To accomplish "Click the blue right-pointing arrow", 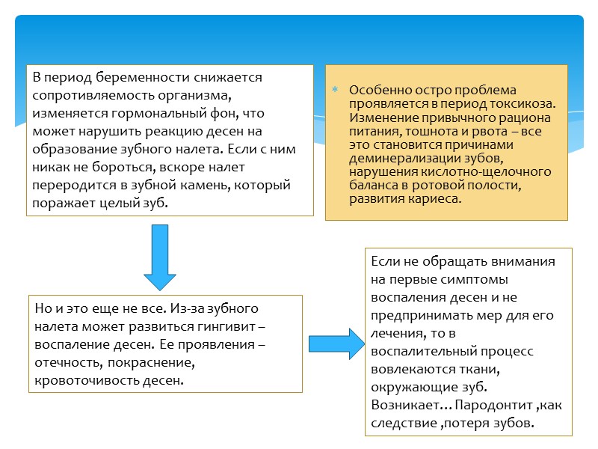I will click(x=330, y=342).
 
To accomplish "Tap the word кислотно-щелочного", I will click(x=500, y=172).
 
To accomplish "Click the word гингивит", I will click(x=230, y=327).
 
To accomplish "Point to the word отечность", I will click(x=67, y=363).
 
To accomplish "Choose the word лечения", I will click(x=395, y=333).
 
